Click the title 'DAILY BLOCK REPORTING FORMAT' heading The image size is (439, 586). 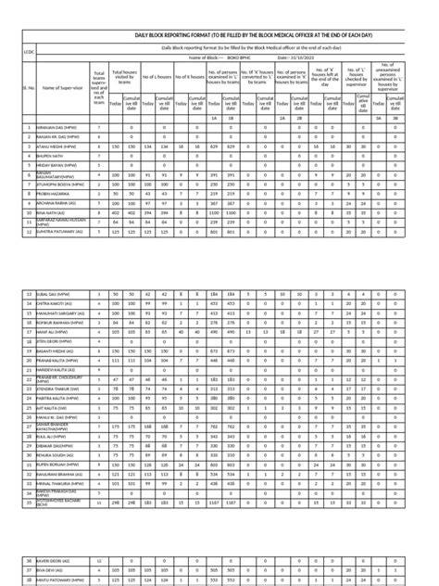click(228, 33)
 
